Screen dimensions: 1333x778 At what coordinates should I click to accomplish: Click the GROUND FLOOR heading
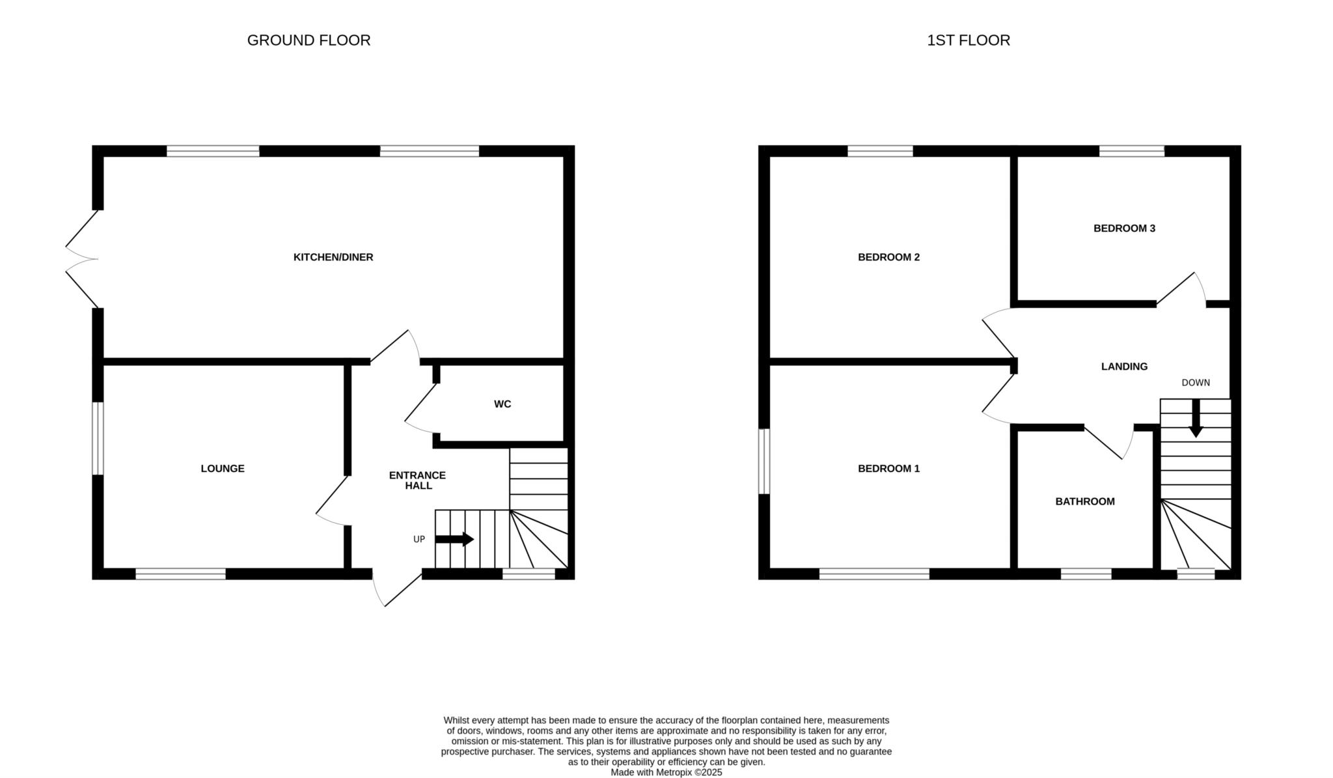[x=309, y=40]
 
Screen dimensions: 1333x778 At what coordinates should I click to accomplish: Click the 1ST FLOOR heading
[x=969, y=40]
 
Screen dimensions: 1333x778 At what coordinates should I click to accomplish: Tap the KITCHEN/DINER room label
[x=333, y=257]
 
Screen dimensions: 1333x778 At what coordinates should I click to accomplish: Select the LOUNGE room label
[x=223, y=469]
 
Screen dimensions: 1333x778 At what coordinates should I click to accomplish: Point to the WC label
[x=502, y=404]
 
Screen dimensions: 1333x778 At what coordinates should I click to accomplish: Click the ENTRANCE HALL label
[x=418, y=480]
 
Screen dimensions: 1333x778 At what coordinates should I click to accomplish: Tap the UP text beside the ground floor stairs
[x=419, y=540]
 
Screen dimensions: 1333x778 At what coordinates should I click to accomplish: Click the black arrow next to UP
[x=454, y=539]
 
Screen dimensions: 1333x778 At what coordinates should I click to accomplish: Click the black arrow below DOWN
[x=1196, y=418]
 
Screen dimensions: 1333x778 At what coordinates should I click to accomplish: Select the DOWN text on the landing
[x=1196, y=383]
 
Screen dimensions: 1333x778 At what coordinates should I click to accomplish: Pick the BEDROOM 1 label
[x=888, y=469]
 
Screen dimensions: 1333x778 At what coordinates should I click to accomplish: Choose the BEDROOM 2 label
[x=888, y=257]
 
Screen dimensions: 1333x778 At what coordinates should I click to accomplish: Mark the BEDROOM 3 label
[x=1124, y=229]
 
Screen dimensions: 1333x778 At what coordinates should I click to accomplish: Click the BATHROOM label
[x=1085, y=502]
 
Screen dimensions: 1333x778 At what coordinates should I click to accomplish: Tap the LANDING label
[x=1124, y=367]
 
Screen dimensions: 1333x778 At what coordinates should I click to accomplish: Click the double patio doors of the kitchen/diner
[x=82, y=259]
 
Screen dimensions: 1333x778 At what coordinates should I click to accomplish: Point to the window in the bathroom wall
[x=1086, y=574]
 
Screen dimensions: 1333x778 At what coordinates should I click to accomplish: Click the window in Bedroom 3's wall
[x=1132, y=151]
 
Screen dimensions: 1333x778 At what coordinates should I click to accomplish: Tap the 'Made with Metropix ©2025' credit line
[x=666, y=773]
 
